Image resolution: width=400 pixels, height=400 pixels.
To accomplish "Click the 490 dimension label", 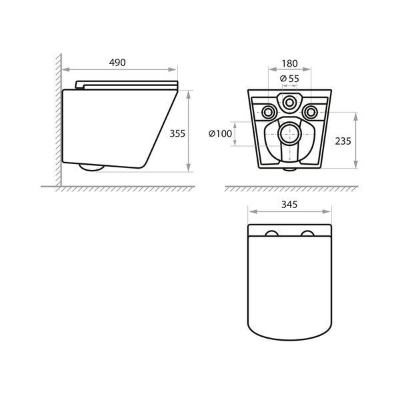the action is (117, 63).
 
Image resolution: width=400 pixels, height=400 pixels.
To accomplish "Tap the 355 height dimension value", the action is (177, 133).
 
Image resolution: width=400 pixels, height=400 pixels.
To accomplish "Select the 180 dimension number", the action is (289, 63).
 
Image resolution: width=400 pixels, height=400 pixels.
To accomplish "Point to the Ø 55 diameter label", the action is (289, 79).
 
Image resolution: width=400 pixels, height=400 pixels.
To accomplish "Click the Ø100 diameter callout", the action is (220, 133).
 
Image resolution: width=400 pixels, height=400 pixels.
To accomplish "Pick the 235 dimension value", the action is (343, 141).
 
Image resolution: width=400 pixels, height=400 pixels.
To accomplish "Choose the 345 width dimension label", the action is (289, 205).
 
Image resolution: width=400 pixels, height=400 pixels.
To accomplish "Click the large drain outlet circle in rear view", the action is (290, 134).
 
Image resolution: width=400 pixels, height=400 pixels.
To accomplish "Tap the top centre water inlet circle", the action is (289, 103).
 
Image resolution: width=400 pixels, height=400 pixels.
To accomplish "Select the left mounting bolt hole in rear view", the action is (269, 112).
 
